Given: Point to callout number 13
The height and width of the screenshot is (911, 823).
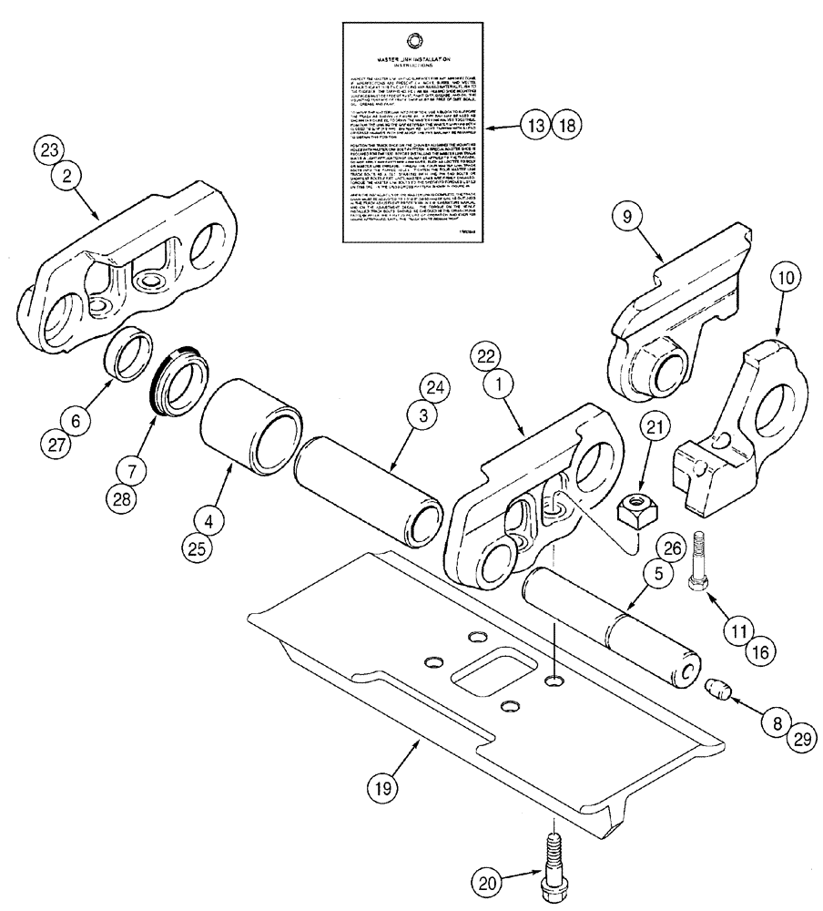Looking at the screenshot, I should [x=536, y=126].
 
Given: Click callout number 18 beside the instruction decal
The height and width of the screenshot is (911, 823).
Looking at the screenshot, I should [x=564, y=126].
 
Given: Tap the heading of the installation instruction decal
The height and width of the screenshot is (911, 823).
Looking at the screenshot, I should [x=414, y=60].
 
